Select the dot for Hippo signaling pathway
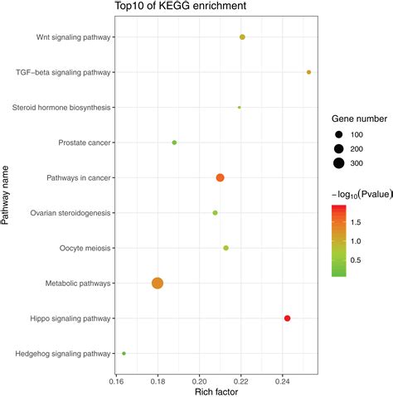pos(288,318)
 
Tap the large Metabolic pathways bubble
pos(158,283)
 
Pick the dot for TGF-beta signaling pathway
pos(309,72)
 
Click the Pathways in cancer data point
pos(220,177)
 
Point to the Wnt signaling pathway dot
pos(242,37)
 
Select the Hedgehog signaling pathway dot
pos(124,353)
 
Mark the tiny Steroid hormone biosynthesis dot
pos(240,107)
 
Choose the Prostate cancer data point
pos(174,143)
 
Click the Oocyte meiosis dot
pos(226,248)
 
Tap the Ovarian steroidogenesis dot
pos(216,213)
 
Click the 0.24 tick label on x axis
pos(282,381)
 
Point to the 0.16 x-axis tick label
pos(116,381)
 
